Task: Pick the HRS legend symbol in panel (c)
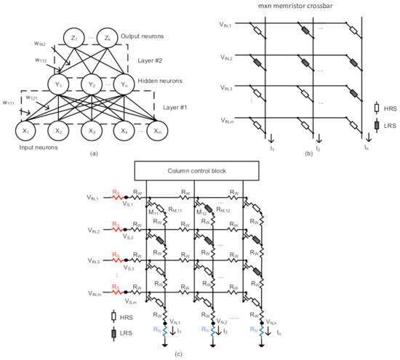[113, 316]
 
